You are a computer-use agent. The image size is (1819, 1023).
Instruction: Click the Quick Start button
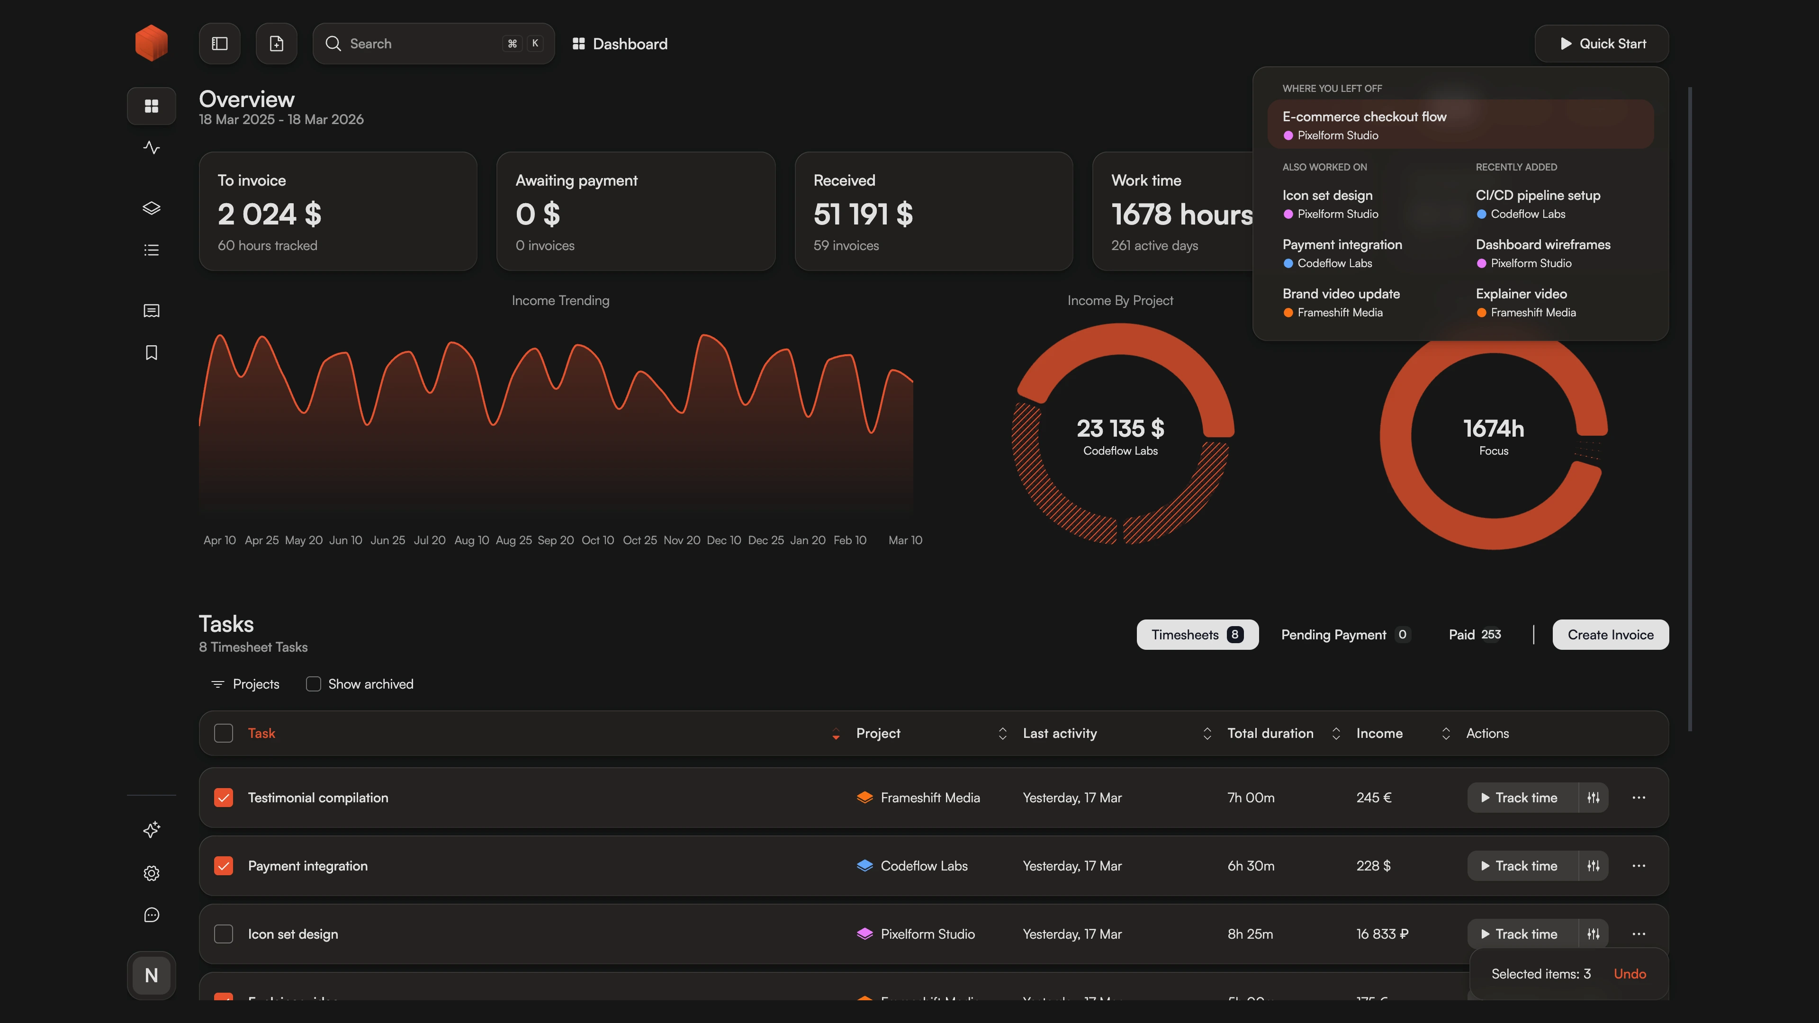(1602, 44)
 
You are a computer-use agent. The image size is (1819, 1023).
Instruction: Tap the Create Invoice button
(1610, 635)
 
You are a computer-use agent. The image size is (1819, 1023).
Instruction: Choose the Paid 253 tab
(1475, 635)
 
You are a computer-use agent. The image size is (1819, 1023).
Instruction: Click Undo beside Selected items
(1630, 974)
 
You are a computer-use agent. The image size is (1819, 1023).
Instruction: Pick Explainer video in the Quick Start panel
(1521, 294)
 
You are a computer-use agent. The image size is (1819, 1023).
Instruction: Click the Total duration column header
(1270, 734)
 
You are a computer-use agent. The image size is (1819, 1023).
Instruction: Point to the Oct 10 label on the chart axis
(597, 540)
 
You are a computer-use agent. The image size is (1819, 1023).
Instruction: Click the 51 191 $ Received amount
(863, 214)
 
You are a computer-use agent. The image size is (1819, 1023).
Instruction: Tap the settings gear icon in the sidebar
(152, 873)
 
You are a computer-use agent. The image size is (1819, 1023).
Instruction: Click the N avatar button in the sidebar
(151, 976)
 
